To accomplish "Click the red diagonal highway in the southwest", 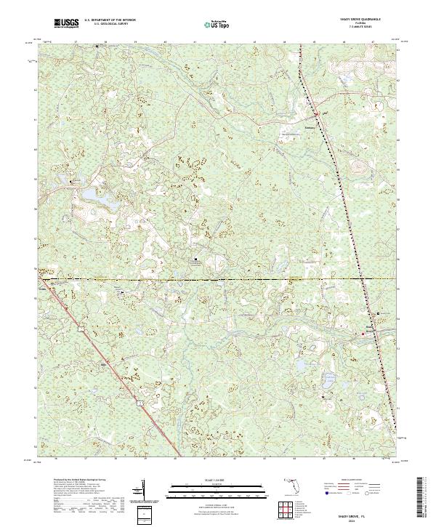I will click(109, 363).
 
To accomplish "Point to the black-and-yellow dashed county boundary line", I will click(218, 278).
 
